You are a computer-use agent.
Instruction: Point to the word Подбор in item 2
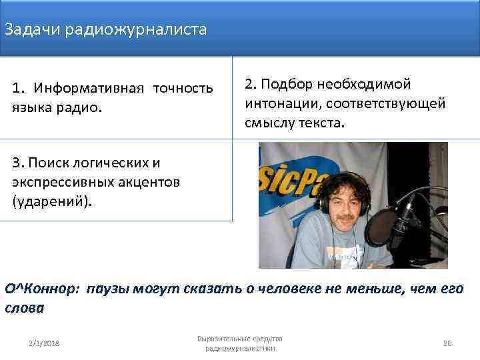(x=288, y=85)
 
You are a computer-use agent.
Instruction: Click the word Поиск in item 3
(x=47, y=162)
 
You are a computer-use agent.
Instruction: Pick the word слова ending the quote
(x=24, y=309)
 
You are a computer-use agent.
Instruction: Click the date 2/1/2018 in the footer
(x=44, y=343)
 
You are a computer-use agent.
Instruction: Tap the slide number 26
(x=447, y=343)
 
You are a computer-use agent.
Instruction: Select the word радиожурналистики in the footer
(x=240, y=348)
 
